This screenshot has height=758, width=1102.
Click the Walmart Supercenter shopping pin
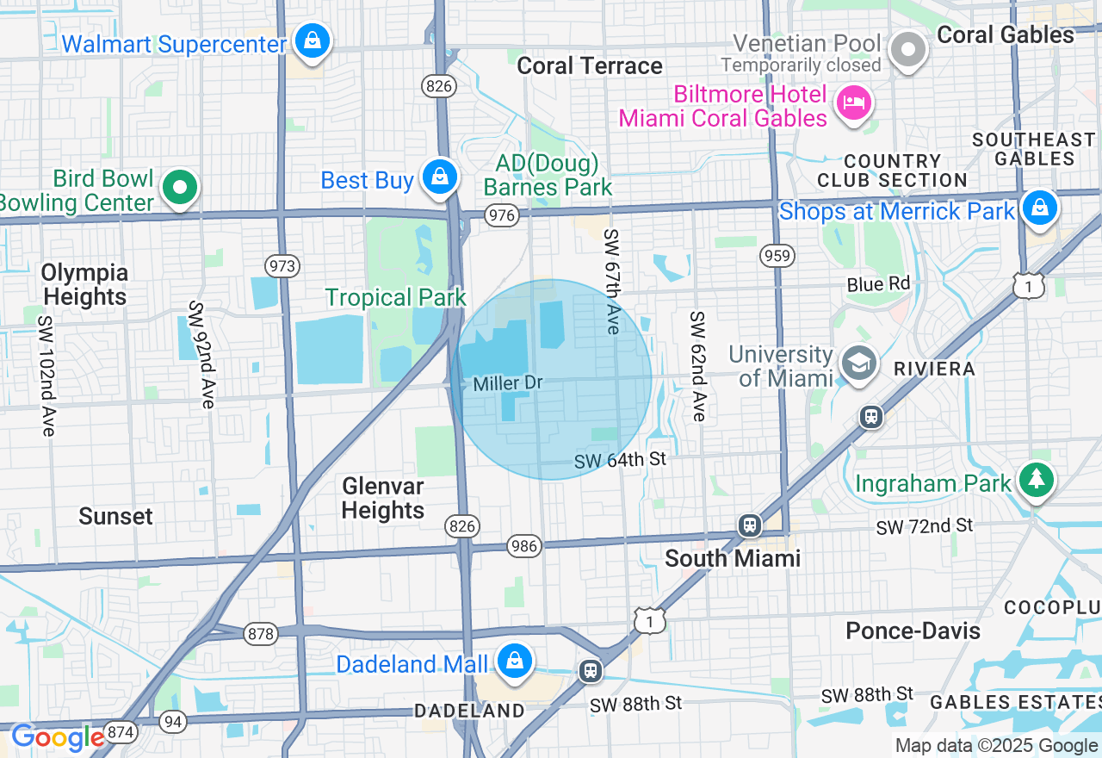pos(312,40)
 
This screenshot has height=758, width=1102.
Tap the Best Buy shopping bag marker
pos(440,177)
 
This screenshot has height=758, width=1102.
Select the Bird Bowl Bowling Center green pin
pos(180,186)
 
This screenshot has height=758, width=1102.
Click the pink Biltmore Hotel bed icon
pos(853,103)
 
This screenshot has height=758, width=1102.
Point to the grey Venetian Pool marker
pos(907,50)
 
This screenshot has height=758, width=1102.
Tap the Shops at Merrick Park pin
pos(1040,208)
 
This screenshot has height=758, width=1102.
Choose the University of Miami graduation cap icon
pos(858,363)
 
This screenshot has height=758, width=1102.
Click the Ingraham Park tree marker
pos(1036,480)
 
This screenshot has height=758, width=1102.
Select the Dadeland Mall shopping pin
pos(514,662)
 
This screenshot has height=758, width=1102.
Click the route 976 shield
pos(501,215)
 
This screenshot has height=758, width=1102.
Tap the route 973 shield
pos(282,266)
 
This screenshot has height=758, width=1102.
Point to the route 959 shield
pos(777,256)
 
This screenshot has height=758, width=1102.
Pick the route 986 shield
pos(523,545)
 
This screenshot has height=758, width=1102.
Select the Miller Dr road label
pos(508,383)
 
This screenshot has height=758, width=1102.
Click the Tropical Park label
pos(395,298)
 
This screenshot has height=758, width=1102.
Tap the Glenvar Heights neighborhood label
pos(382,498)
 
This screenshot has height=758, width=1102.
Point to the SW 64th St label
pos(620,460)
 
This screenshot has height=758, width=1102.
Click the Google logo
pos(58,737)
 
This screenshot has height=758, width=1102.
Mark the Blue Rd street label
pos(878,284)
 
